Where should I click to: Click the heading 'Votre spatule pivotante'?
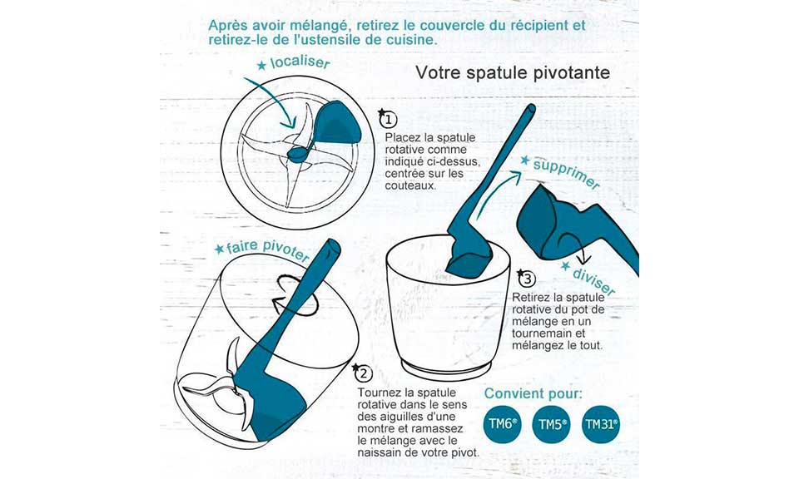point(513,73)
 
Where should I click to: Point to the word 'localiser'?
point(300,62)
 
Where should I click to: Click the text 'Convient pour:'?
point(533,393)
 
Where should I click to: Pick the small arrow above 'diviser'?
point(571,247)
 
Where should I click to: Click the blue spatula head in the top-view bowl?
point(337,123)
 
